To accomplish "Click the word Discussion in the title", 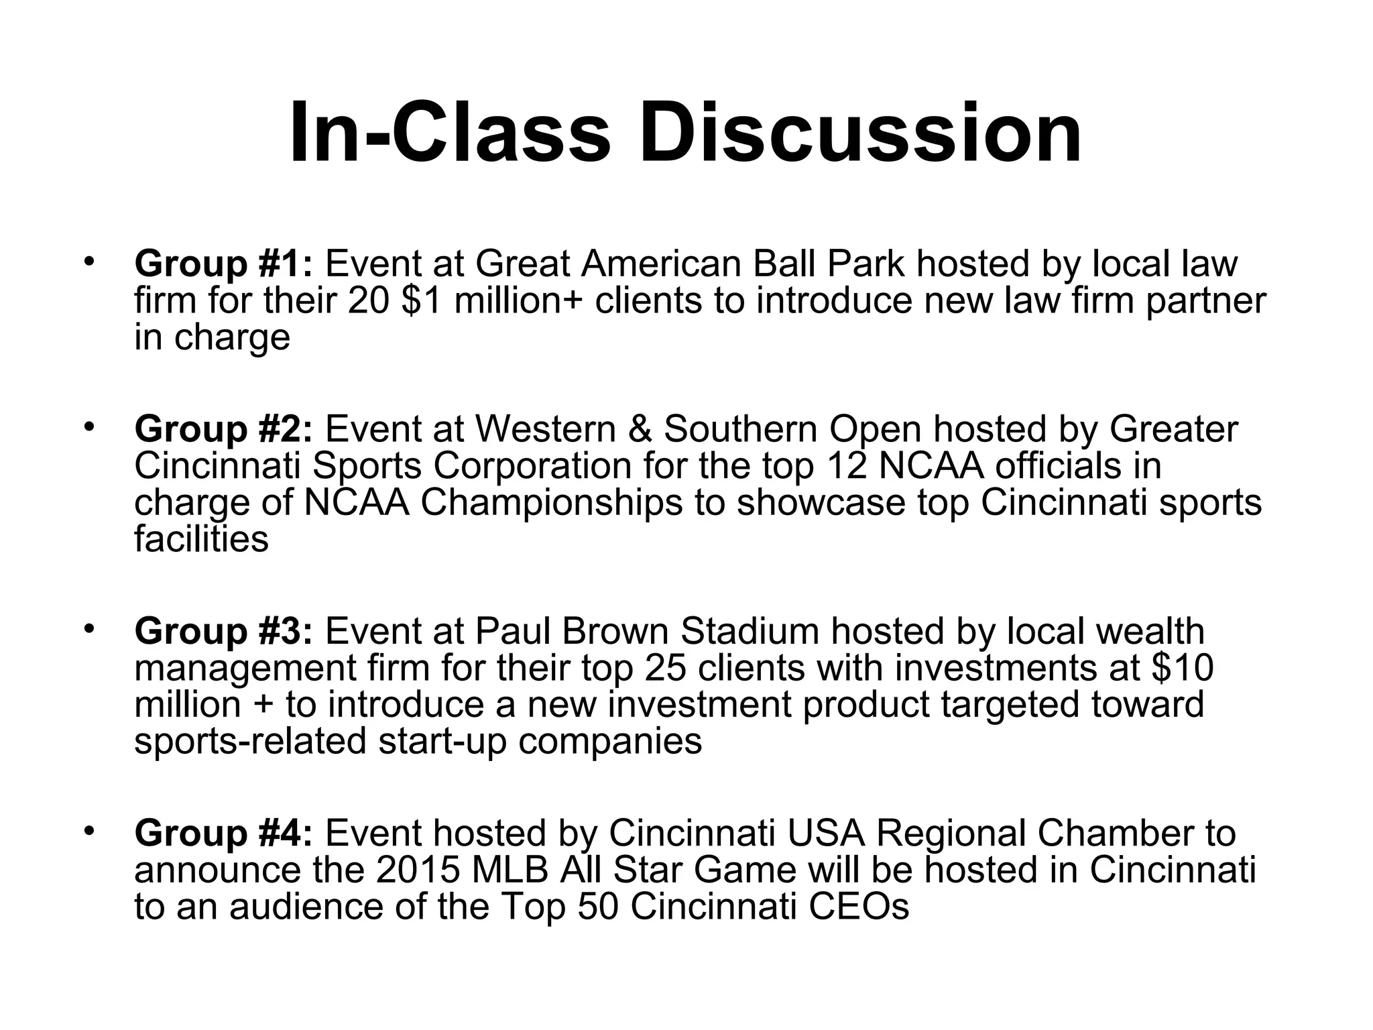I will click(x=859, y=132).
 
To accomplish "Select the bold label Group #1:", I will click(x=223, y=264).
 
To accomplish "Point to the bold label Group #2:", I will click(x=223, y=429).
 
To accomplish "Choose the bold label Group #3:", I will click(x=223, y=631).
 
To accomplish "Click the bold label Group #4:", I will click(x=223, y=834).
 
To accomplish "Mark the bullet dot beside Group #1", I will click(x=88, y=262).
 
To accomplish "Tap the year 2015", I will click(x=418, y=870).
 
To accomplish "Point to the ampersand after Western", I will click(x=640, y=429).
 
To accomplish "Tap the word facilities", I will click(x=201, y=539).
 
